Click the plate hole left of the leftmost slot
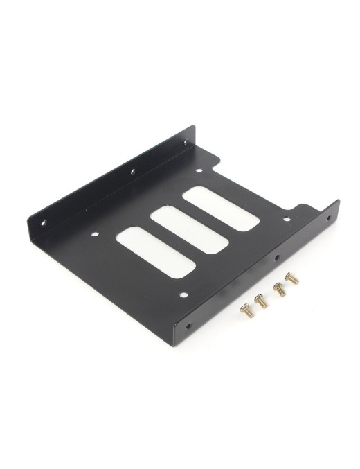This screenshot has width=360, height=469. pos(98,241)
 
